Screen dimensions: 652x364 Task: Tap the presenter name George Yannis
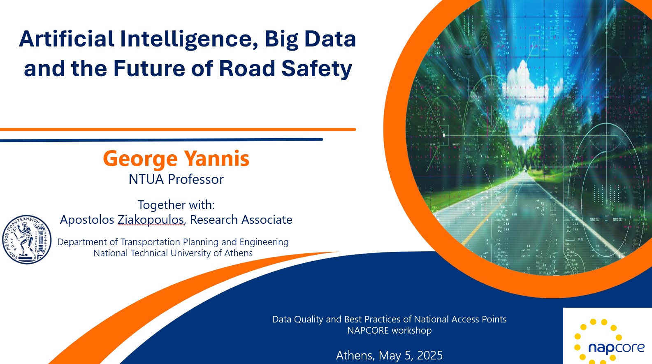[x=176, y=159]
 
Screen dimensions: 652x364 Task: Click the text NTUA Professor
[x=176, y=179]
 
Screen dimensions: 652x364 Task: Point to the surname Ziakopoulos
[x=151, y=220]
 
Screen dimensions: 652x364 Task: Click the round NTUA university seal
[x=27, y=239]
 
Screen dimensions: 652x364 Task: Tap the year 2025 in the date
[x=429, y=355]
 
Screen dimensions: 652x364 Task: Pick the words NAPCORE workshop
[x=389, y=331]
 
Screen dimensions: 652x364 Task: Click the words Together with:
[x=176, y=205]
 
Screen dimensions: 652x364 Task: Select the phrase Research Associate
[x=241, y=220]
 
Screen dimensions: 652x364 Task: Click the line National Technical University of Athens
[x=173, y=253]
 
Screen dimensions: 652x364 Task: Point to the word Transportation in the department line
[x=150, y=242]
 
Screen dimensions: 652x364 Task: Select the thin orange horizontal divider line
[x=178, y=130]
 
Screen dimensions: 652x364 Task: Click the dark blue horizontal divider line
[x=162, y=140]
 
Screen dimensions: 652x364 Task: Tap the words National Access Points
[x=460, y=320]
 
